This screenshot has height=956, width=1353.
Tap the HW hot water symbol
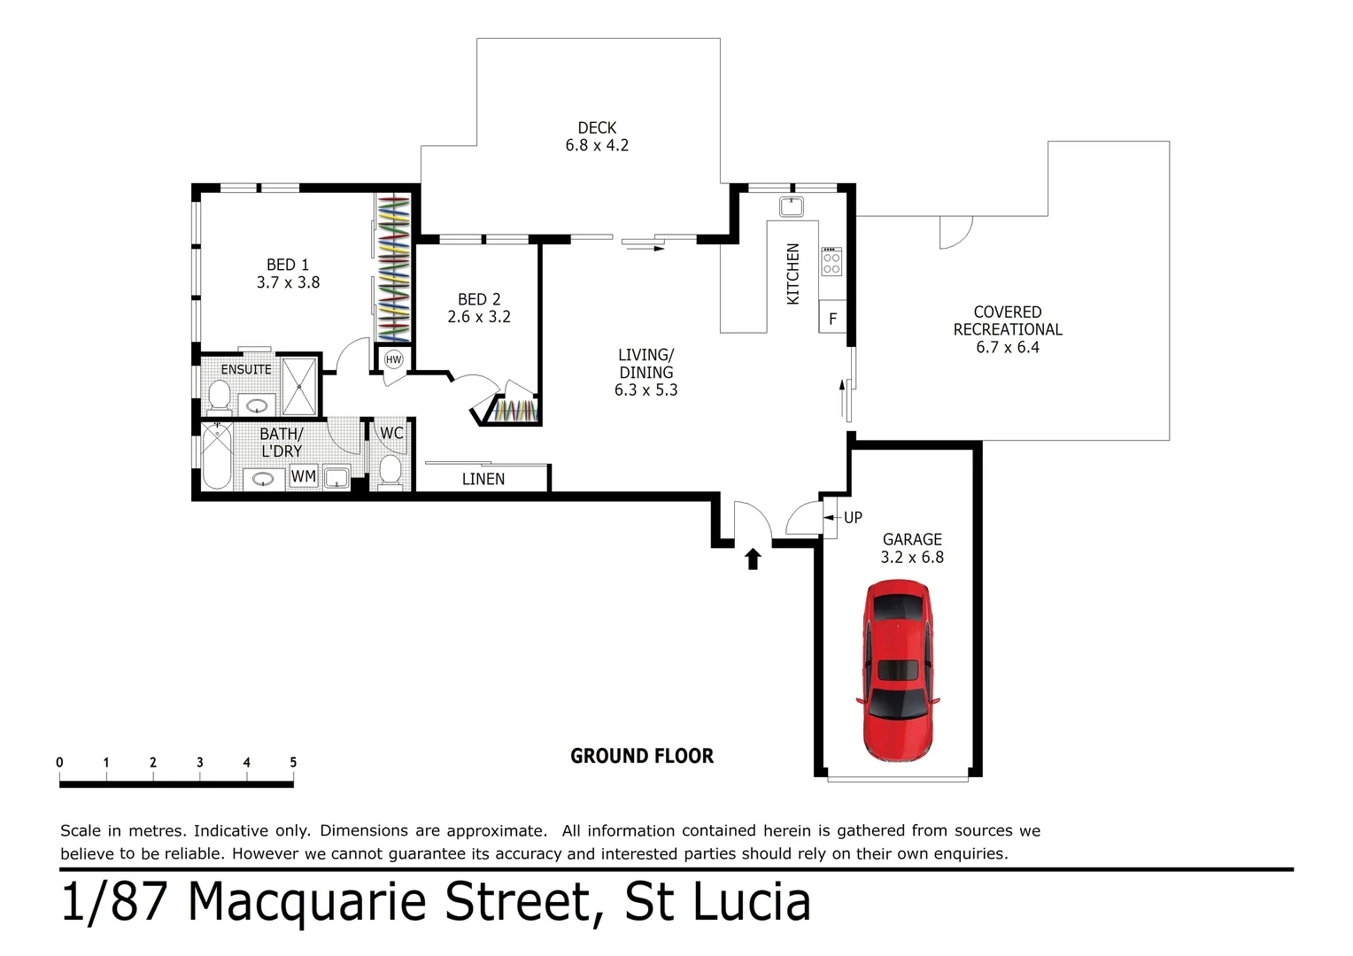pos(393,359)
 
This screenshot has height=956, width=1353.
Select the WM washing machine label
pos(304,476)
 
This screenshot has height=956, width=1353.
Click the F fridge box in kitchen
pos(832,319)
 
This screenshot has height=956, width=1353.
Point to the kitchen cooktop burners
pos(831,261)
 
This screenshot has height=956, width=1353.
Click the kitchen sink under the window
pos(791,207)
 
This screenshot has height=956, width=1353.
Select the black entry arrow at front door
pos(753,559)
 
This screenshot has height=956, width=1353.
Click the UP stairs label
pos(853,518)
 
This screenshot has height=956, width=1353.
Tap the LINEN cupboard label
pos(483,479)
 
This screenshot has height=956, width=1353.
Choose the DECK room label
pos(597,128)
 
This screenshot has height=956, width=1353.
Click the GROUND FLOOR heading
pos(641,756)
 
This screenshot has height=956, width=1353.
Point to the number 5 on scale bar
pos(293,762)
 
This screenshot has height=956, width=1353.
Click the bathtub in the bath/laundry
pos(216,456)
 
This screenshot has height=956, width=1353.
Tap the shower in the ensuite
pos(299,386)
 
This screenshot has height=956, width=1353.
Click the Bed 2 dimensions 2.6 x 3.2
pos(479,317)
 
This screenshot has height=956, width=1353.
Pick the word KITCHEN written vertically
pos(793,274)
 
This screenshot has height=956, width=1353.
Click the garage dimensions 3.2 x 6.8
pos(912,557)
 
